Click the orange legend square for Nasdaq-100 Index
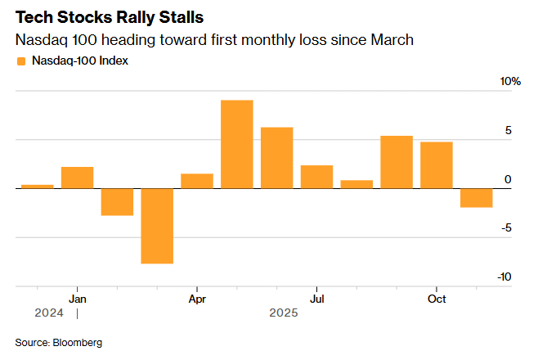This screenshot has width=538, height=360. [x=20, y=61]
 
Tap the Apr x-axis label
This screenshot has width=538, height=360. [x=197, y=299]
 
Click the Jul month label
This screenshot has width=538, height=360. [x=316, y=299]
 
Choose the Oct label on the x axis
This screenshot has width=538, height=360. [x=436, y=299]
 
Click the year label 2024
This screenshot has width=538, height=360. [x=49, y=313]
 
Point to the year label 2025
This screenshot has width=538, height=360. [x=283, y=313]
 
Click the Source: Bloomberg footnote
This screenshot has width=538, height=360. [x=58, y=341]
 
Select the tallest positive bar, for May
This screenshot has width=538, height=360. [x=237, y=144]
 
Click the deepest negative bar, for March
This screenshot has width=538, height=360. [x=157, y=226]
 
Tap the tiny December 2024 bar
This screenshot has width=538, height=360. [x=37, y=187]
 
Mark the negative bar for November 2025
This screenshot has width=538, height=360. [x=476, y=198]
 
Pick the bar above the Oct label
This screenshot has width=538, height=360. [x=437, y=165]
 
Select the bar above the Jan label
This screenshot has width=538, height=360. [x=77, y=178]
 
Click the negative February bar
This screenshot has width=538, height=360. [x=117, y=202]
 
